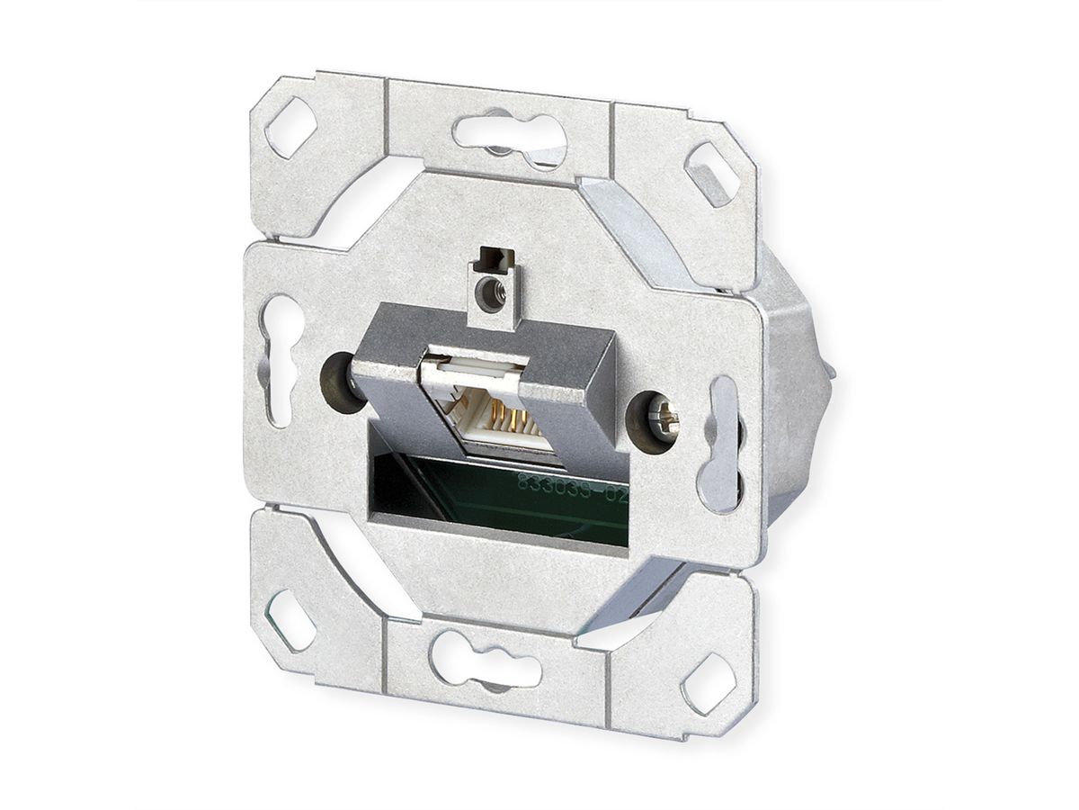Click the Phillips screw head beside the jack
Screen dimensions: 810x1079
pyautogui.click(x=662, y=419)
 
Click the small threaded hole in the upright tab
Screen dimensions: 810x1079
pyautogui.click(x=490, y=293)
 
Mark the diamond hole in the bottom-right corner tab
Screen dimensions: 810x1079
pyautogui.click(x=708, y=684)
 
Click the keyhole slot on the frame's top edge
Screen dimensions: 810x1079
pyautogui.click(x=508, y=137)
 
